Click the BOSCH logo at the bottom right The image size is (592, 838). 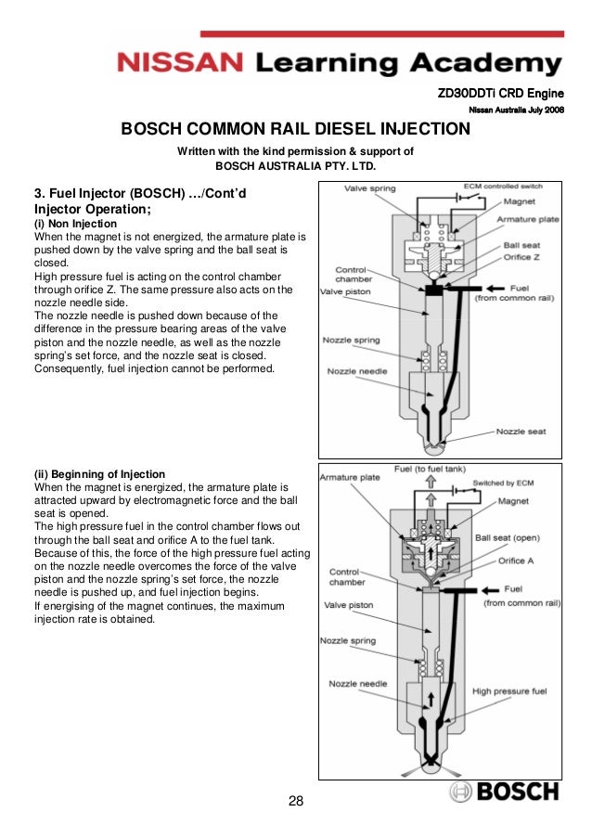coord(505,792)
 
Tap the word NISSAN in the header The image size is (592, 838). coord(179,64)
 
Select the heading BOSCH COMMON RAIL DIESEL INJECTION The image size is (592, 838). coord(296,129)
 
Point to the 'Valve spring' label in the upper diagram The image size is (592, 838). coord(369,188)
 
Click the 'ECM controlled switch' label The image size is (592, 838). coord(502,185)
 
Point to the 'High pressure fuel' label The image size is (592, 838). coord(509,690)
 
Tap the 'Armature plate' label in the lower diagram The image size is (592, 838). coord(350,478)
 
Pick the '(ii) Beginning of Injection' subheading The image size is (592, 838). coord(99,474)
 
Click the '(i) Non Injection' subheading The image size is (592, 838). coord(75,225)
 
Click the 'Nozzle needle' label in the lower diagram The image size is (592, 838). coord(358,684)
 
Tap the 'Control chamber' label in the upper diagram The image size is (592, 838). coord(354,276)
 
